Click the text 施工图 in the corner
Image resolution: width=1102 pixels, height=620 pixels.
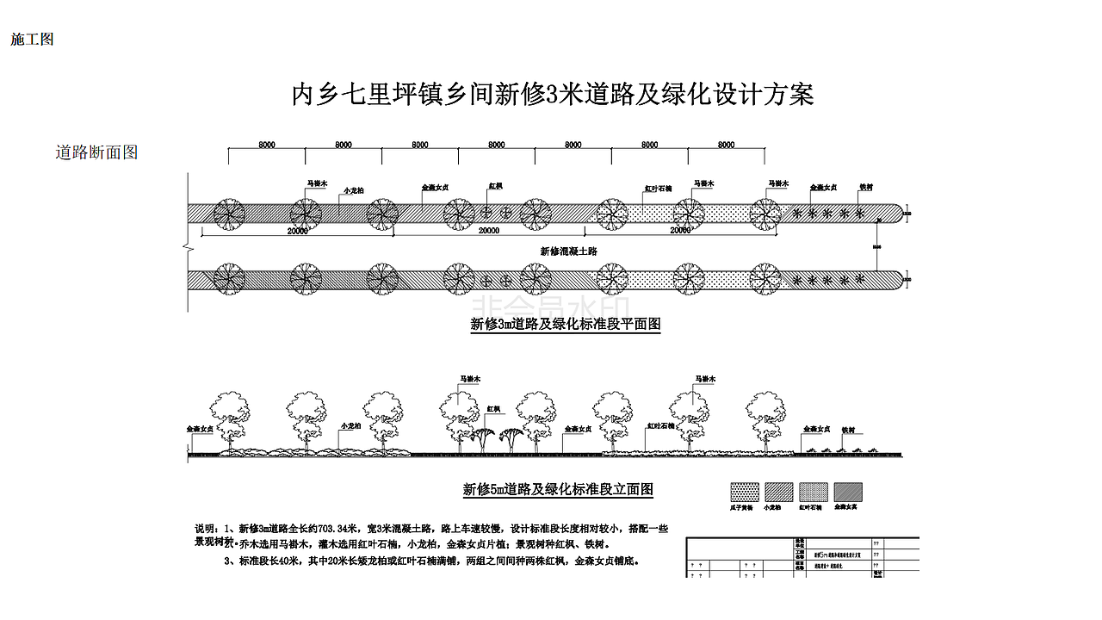[x=32, y=40]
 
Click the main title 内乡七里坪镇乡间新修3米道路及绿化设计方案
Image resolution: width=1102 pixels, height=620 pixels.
[x=553, y=94]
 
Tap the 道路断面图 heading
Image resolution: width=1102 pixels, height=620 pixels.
[x=96, y=152]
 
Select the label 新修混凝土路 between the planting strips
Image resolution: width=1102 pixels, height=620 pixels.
[x=568, y=251]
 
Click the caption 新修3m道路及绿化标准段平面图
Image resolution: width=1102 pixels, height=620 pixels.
[x=565, y=325]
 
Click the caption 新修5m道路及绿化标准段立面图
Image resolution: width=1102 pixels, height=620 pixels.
[x=558, y=490]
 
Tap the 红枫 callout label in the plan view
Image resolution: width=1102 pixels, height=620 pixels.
[x=495, y=186]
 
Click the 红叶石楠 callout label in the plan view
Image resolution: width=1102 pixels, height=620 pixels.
[x=659, y=188]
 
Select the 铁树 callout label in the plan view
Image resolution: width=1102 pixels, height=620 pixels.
[x=866, y=186]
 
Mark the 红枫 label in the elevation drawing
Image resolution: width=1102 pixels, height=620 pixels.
[x=493, y=409]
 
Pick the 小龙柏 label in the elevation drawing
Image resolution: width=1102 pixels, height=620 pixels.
[x=350, y=425]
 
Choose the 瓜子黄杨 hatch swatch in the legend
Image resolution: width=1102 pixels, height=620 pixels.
[x=745, y=492]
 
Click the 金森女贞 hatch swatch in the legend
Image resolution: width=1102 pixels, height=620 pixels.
[x=848, y=492]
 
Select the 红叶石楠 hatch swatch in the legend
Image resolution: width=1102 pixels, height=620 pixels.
[x=814, y=492]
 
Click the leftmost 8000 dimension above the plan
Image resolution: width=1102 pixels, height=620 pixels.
[x=267, y=145]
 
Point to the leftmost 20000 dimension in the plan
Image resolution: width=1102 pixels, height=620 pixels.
[x=298, y=230]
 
